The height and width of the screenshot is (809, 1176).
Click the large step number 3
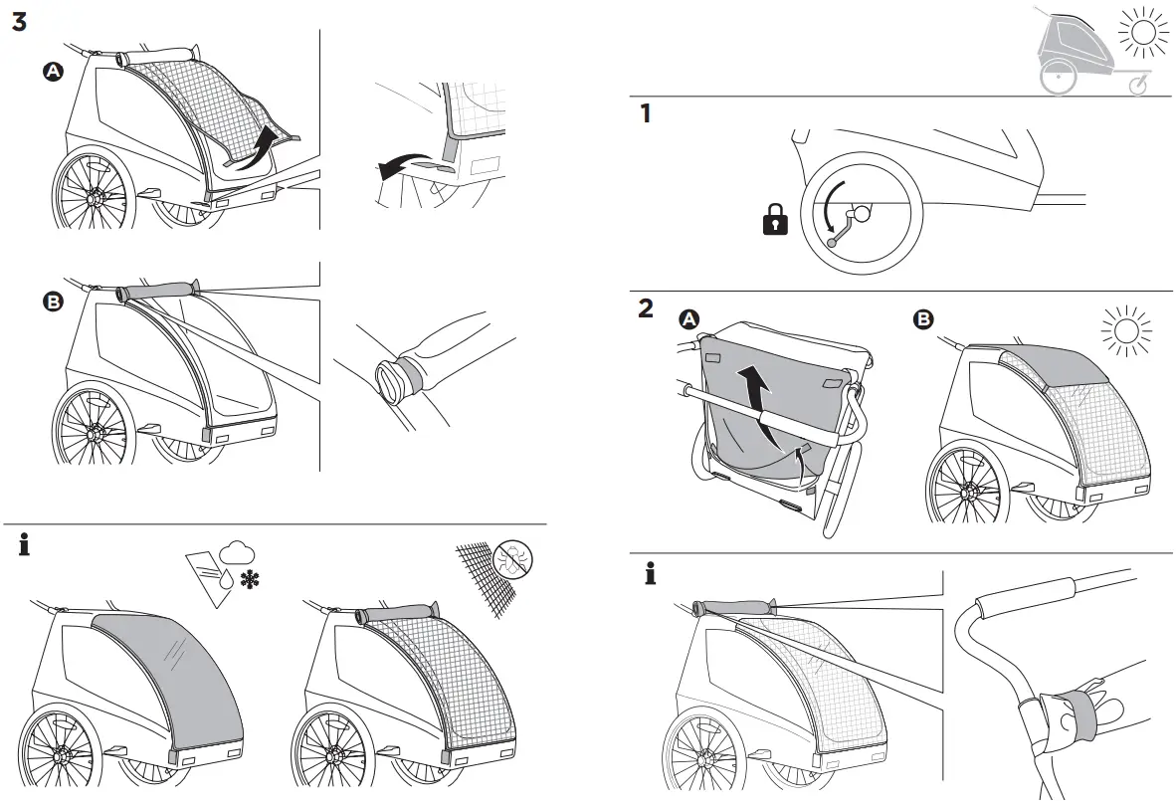(19, 22)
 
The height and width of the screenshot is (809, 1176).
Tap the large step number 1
(646, 113)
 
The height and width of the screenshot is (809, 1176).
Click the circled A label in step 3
(52, 71)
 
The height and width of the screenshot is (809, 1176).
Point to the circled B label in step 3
(52, 303)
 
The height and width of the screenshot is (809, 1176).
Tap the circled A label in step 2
(688, 319)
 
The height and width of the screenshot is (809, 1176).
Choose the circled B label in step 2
(923, 319)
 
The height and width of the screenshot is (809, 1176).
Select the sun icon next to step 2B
(1126, 330)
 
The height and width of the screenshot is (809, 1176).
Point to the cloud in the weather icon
(238, 551)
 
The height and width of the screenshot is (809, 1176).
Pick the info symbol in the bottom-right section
(650, 573)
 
